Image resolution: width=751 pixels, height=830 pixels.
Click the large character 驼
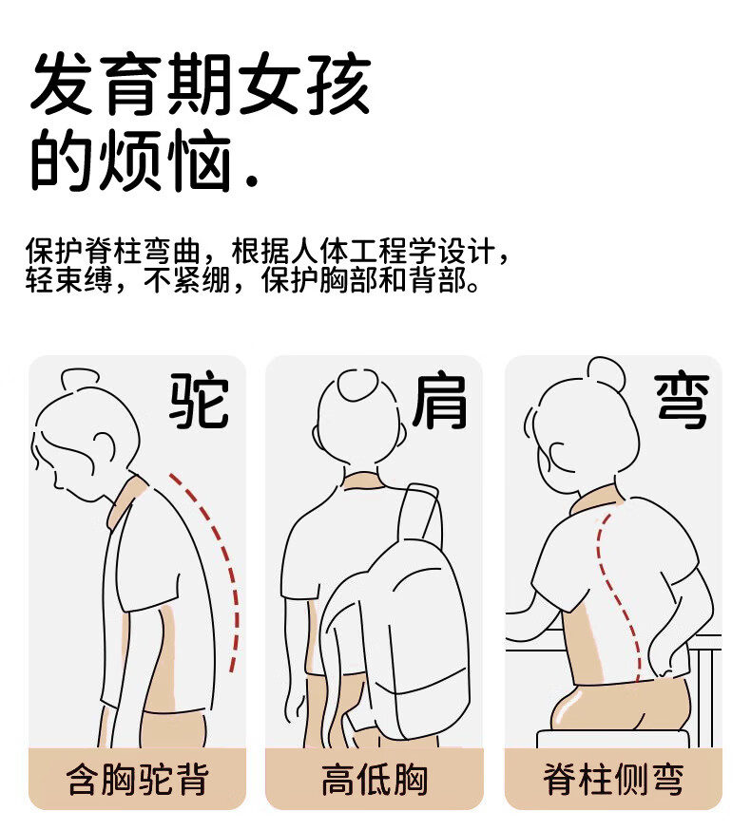(199, 400)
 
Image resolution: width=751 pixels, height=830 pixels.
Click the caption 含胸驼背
(137, 779)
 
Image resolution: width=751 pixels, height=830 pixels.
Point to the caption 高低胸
(375, 779)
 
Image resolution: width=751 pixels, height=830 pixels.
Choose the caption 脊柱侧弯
(613, 779)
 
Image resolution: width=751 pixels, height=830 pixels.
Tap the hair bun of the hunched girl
(80, 379)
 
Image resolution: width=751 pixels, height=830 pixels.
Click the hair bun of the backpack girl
(358, 384)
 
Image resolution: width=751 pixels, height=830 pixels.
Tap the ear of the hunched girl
(104, 446)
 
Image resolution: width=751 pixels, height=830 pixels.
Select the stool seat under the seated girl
(613, 739)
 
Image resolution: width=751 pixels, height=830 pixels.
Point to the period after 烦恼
(253, 181)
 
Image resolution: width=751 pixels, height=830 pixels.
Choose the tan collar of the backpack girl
(362, 479)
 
